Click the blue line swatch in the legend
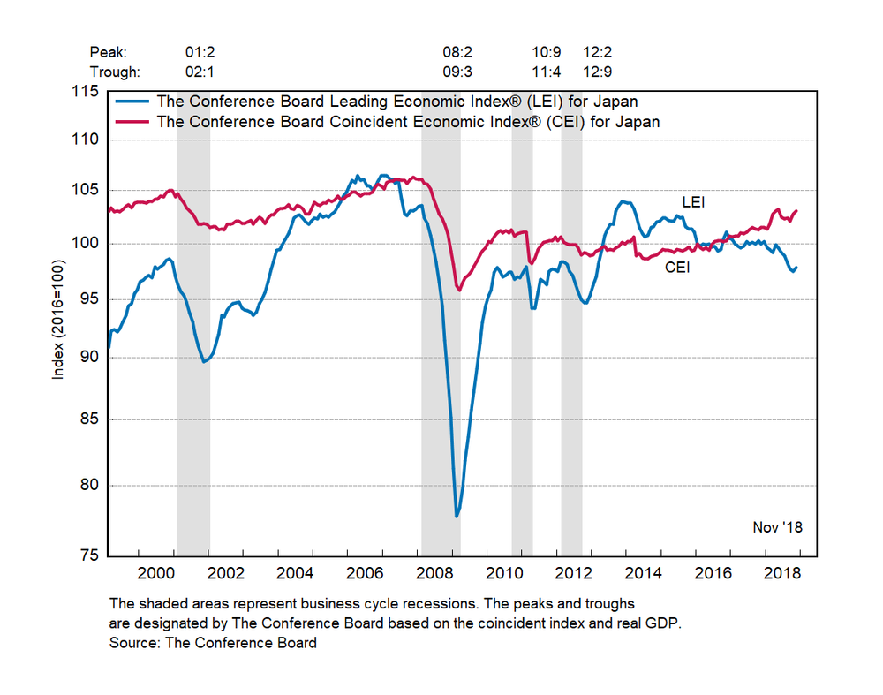click(x=132, y=102)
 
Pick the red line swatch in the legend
click(x=132, y=122)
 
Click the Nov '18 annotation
click(x=777, y=527)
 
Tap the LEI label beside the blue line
click(x=692, y=202)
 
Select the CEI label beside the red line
click(x=676, y=267)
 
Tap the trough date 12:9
click(x=599, y=72)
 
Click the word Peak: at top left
click(x=108, y=52)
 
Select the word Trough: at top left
click(x=115, y=72)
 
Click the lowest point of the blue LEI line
click(x=457, y=516)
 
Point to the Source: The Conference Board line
click(x=213, y=643)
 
